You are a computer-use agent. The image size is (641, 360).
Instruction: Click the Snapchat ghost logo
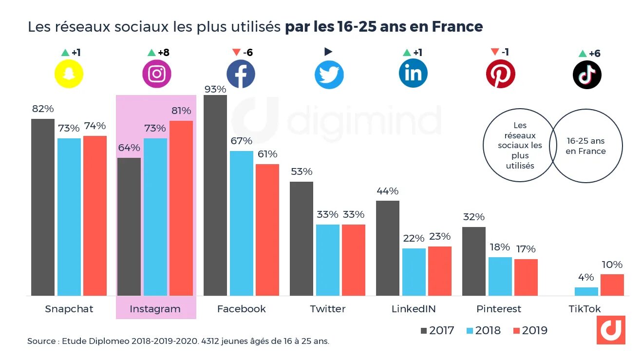69,75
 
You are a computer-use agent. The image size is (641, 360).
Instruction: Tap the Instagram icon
156,74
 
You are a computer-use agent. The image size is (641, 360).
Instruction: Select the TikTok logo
587,75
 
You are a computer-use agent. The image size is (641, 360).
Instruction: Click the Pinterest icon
500,74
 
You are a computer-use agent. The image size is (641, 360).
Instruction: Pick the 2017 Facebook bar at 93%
215,195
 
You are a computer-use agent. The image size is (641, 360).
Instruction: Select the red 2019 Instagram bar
181,208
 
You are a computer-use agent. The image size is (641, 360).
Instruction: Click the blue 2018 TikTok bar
586,291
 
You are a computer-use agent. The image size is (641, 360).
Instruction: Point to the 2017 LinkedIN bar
388,248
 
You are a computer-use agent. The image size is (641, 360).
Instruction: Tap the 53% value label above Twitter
301,172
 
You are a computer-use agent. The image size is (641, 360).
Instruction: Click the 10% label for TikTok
612,265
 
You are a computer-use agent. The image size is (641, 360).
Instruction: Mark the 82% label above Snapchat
42,109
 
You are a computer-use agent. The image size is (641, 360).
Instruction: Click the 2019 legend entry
530,330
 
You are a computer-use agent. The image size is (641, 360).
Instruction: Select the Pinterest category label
498,309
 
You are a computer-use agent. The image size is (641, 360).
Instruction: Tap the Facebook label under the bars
241,309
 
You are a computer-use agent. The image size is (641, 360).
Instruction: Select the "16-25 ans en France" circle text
585,146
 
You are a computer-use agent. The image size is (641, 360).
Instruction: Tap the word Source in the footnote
41,341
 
